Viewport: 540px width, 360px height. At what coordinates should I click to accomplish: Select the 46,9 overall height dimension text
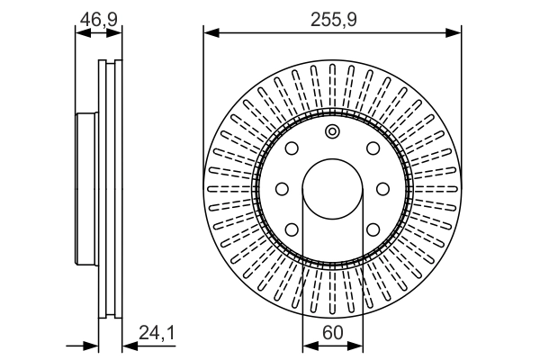click(x=98, y=18)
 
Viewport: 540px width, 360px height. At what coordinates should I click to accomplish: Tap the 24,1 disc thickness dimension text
click(x=156, y=332)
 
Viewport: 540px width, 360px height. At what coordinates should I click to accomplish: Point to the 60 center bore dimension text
click(x=332, y=332)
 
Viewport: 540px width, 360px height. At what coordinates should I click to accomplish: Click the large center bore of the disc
click(x=332, y=189)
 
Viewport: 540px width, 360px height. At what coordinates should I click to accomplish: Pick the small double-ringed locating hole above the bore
click(x=332, y=133)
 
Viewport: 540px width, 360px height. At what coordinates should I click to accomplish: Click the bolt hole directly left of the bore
click(x=281, y=189)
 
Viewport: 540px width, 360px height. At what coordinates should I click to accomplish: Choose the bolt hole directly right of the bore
click(x=383, y=189)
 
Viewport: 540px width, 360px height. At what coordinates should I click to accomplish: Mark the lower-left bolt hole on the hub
click(x=292, y=229)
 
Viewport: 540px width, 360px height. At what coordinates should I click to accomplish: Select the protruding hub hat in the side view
click(x=85, y=189)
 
